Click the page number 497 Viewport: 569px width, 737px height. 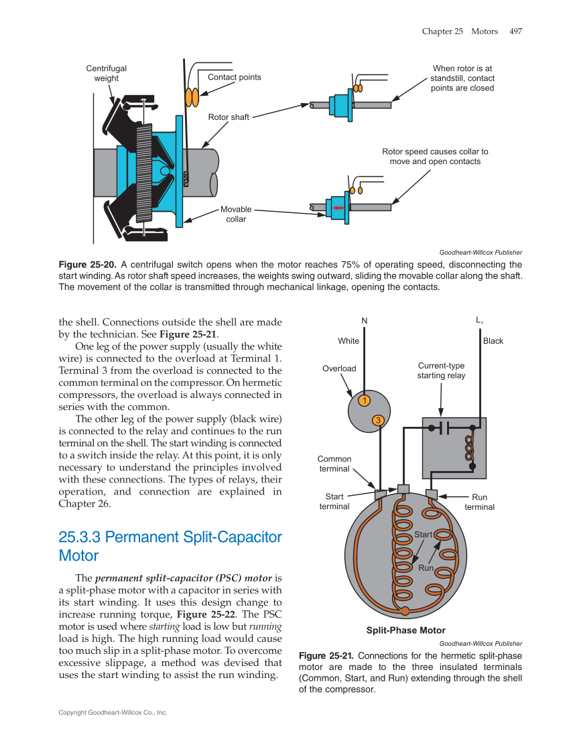point(515,31)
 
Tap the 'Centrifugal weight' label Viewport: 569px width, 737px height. point(106,73)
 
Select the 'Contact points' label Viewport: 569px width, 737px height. point(234,77)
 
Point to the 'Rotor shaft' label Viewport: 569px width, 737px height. point(228,117)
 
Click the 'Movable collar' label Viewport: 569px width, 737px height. point(236,214)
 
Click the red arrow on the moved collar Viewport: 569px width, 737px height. point(338,208)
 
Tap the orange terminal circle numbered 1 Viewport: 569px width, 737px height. point(363,401)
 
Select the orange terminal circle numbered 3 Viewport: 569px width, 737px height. point(379,420)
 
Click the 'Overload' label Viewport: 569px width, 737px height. point(339,368)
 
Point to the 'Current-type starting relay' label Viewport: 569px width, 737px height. point(441,371)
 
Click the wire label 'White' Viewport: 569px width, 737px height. point(349,341)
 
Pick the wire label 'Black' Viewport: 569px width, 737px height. point(493,341)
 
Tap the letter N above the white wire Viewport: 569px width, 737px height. point(365,321)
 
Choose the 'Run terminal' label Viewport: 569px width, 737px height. point(479,502)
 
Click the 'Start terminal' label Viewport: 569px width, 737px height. point(334,501)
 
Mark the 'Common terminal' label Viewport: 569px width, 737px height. point(334,464)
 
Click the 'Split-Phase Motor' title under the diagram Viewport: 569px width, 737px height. point(405,630)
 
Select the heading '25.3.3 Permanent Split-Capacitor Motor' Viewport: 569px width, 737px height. point(170,546)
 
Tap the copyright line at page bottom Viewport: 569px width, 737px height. point(113,712)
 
